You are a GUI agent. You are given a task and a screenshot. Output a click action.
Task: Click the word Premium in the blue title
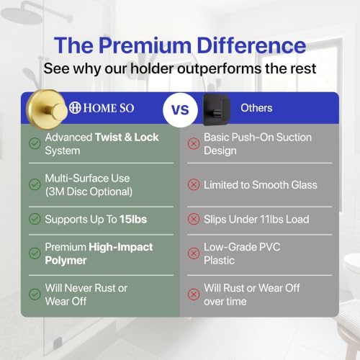[145, 45]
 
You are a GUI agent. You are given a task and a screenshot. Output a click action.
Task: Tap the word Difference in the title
[251, 45]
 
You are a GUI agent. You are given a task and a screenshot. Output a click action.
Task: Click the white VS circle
[180, 110]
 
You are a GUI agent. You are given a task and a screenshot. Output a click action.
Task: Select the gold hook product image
[47, 109]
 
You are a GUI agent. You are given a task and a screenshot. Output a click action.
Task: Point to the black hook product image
[217, 109]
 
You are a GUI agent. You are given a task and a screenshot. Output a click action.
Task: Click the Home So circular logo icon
[75, 108]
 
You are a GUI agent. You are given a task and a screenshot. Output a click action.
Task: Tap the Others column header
[256, 108]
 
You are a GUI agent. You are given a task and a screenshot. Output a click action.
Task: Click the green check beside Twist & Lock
[35, 143]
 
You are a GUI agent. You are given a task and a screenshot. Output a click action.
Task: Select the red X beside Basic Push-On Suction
[194, 143]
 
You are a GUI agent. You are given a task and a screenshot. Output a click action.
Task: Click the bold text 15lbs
[133, 219]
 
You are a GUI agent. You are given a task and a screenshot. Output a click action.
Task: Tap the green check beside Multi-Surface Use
[35, 184]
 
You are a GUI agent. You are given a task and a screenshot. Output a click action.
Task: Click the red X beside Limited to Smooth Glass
[194, 184]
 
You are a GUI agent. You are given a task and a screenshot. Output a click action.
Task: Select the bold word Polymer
[66, 261]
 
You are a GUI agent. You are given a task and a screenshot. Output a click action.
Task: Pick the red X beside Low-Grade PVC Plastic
[194, 253]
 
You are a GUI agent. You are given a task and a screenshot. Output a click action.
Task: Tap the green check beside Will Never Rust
[35, 294]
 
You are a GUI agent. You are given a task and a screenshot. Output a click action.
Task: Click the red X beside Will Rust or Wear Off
[194, 294]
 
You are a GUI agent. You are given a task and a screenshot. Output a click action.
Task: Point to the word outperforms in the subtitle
[220, 69]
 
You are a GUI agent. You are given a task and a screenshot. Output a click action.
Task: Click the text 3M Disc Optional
[89, 192]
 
